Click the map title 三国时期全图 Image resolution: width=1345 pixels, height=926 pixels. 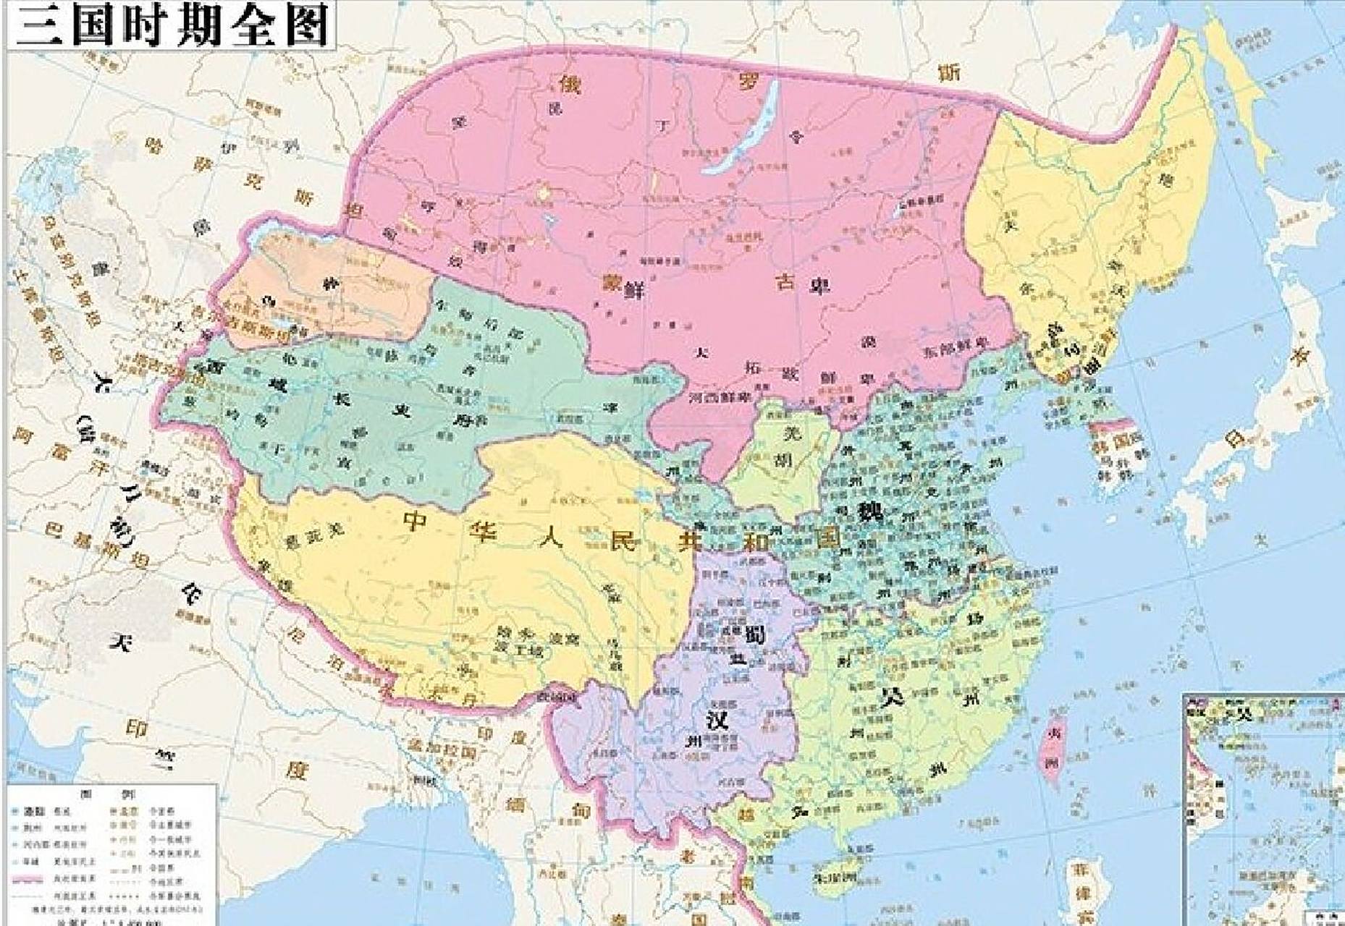coord(172,25)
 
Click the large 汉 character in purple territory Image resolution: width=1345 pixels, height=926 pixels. coord(717,718)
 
